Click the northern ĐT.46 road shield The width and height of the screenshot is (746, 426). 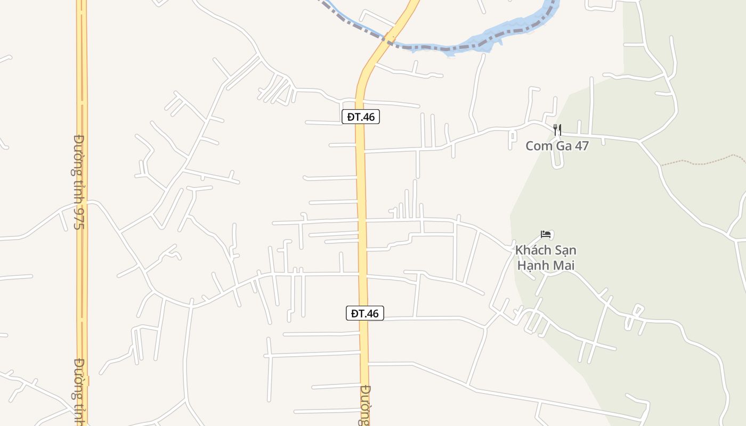361,117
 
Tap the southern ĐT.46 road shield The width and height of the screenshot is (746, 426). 365,313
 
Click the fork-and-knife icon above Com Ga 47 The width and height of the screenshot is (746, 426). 557,129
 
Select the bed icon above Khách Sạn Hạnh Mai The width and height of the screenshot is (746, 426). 545,234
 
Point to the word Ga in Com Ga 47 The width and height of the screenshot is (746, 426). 562,146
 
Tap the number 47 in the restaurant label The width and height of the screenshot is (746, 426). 581,146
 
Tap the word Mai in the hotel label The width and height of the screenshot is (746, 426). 564,265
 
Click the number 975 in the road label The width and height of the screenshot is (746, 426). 78,219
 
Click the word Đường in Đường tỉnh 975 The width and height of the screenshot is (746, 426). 78,155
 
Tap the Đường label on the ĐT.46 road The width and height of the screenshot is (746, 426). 364,405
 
